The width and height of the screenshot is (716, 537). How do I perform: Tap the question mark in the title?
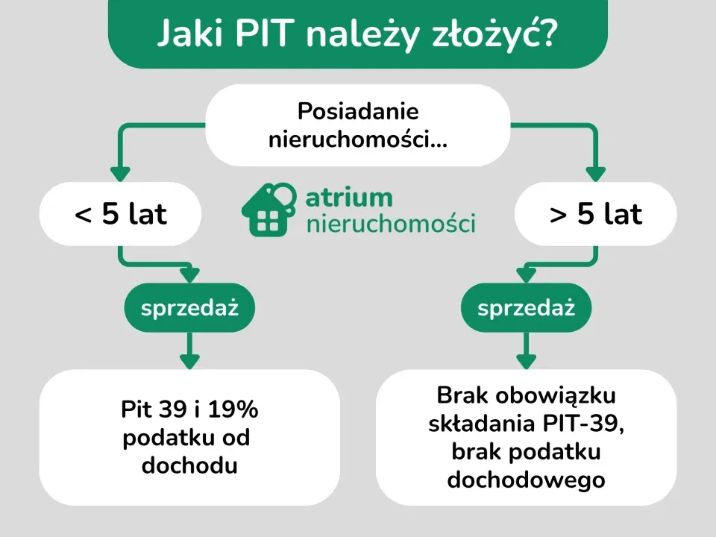tap(547, 34)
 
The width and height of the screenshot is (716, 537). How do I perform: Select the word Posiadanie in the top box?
tap(358, 112)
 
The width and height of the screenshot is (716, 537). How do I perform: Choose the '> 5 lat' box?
tap(596, 215)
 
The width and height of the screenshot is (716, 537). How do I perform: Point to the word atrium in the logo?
tap(349, 198)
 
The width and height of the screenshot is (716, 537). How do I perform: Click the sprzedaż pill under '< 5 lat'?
tap(189, 307)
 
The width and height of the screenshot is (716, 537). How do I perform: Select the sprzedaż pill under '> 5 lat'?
tap(527, 307)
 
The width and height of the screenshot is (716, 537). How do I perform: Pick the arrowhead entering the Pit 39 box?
tap(189, 361)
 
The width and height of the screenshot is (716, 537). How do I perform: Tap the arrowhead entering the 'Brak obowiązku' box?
tap(527, 361)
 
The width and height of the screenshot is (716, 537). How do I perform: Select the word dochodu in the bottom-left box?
tap(189, 466)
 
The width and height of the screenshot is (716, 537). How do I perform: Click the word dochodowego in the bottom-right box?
tap(526, 480)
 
